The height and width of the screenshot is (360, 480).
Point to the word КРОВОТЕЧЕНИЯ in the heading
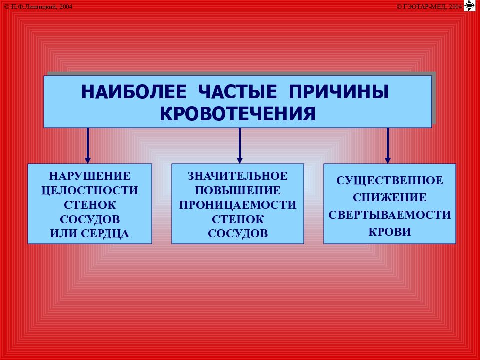pyautogui.click(x=238, y=113)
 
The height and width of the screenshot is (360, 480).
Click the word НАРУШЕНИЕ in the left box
pyautogui.click(x=90, y=176)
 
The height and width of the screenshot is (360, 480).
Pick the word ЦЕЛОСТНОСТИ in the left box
pyautogui.click(x=90, y=190)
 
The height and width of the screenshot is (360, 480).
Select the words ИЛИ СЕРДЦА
pyautogui.click(x=90, y=233)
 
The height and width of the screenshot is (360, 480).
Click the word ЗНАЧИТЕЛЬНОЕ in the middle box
pyautogui.click(x=238, y=176)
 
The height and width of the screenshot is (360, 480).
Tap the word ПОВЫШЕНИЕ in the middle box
pyautogui.click(x=238, y=190)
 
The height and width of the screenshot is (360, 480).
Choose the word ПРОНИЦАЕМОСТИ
pyautogui.click(x=238, y=205)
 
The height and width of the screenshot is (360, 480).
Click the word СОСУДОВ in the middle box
pyautogui.click(x=238, y=233)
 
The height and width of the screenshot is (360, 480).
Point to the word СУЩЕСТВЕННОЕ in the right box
pyautogui.click(x=390, y=180)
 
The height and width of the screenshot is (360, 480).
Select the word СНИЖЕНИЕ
pyautogui.click(x=390, y=197)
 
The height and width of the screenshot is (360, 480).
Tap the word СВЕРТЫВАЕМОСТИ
pyautogui.click(x=390, y=215)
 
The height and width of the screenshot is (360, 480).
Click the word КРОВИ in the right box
pyautogui.click(x=390, y=232)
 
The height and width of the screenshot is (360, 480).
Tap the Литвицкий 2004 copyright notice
pyautogui.click(x=38, y=6)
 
